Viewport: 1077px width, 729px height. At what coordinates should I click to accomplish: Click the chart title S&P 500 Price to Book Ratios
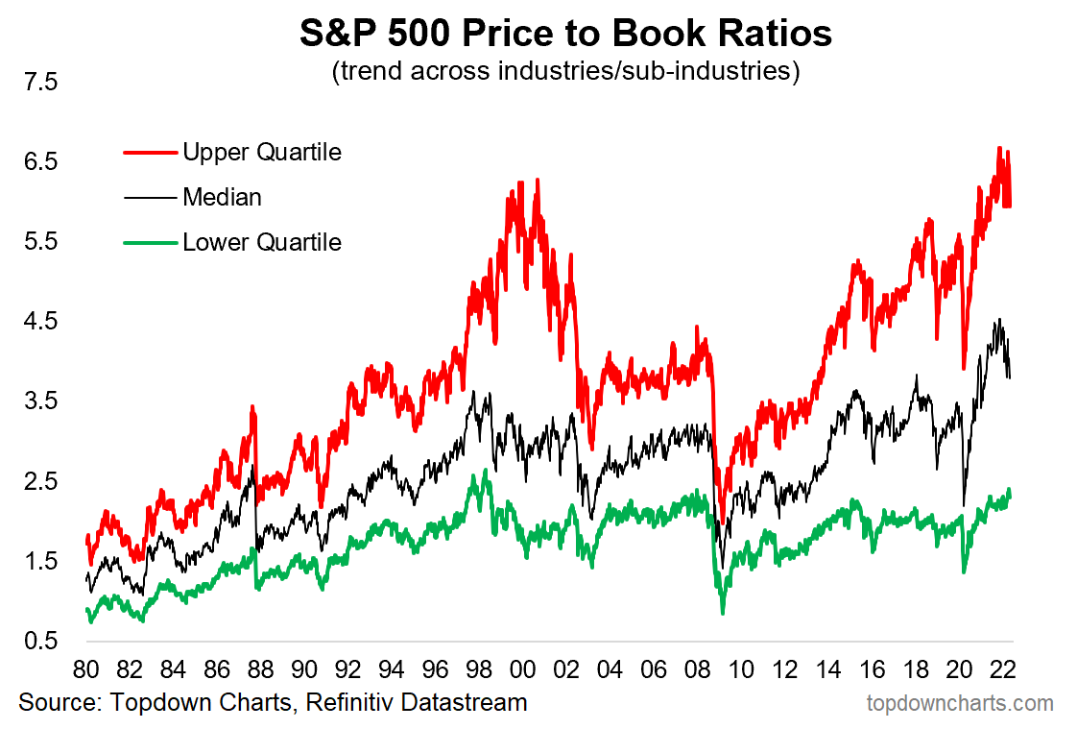tap(565, 34)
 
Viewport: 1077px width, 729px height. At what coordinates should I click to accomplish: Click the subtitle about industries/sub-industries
tap(565, 72)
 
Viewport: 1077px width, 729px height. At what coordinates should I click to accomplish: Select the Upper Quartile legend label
tap(261, 152)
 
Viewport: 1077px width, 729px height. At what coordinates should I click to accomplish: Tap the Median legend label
tap(222, 197)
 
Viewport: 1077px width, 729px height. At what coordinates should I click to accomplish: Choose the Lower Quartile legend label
tap(261, 242)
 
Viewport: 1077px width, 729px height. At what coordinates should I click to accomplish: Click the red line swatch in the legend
tap(150, 152)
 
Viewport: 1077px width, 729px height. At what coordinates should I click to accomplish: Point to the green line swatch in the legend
tap(150, 242)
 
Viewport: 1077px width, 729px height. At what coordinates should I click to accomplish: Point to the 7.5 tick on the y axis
tap(40, 83)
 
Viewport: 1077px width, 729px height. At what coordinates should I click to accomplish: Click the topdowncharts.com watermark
tap(959, 703)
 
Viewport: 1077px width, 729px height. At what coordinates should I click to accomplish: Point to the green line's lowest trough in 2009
tap(722, 612)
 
